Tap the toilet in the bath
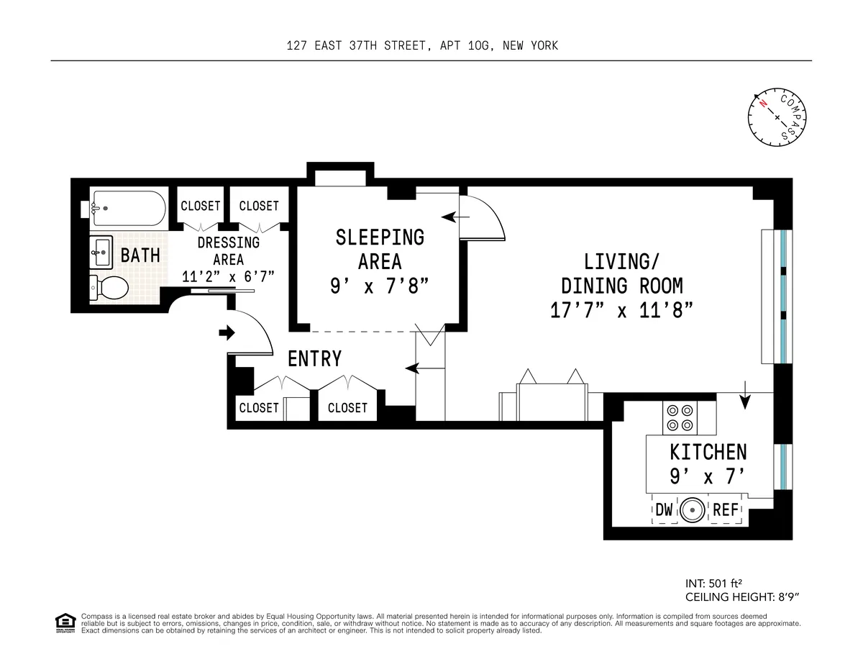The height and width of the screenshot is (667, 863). (x=109, y=289)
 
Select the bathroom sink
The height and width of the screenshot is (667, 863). (x=101, y=250)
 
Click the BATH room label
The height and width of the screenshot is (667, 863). (x=140, y=255)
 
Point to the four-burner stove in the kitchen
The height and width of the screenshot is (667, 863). (x=679, y=417)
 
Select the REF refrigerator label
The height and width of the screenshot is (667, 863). (x=725, y=510)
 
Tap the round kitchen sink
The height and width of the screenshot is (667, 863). (x=693, y=511)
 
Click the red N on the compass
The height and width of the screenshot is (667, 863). (x=762, y=104)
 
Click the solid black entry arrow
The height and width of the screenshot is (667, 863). (x=227, y=332)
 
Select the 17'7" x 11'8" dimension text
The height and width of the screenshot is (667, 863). (x=621, y=310)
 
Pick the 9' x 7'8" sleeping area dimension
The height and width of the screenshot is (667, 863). (x=379, y=286)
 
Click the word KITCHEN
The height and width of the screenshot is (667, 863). (x=708, y=452)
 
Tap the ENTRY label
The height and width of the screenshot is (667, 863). (x=314, y=358)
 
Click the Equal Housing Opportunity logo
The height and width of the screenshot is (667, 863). (x=65, y=623)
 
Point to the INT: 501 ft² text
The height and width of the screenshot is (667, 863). (x=719, y=584)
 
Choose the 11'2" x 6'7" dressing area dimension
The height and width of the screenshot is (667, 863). (x=228, y=276)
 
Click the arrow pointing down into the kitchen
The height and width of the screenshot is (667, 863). (x=744, y=399)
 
